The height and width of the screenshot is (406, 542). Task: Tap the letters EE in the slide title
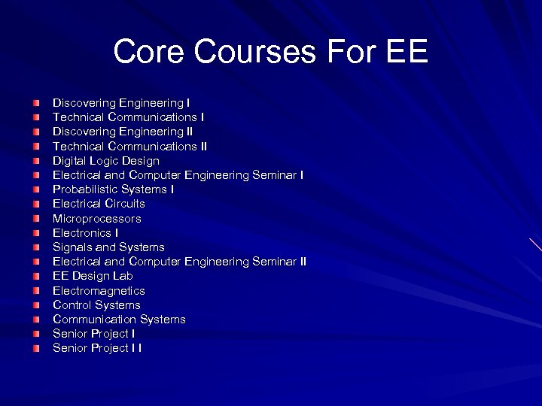(x=406, y=52)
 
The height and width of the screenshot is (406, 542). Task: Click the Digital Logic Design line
(x=105, y=161)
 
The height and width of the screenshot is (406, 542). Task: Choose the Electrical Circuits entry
(x=99, y=204)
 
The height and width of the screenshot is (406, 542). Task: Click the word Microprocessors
(x=96, y=219)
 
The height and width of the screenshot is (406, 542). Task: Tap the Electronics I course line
(x=85, y=233)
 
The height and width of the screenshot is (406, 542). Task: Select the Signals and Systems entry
(x=108, y=247)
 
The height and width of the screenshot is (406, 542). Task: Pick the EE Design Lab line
(x=93, y=276)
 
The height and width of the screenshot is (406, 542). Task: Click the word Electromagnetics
(x=99, y=291)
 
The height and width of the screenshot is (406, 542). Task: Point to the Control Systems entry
(x=96, y=305)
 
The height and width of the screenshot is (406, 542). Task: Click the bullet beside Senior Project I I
(x=37, y=349)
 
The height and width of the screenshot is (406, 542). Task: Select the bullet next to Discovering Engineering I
(x=37, y=103)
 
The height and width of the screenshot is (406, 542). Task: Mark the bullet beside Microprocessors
(x=37, y=219)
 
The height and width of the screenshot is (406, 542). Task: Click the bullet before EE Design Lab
(x=37, y=277)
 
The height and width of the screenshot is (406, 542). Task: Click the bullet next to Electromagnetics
(x=37, y=291)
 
